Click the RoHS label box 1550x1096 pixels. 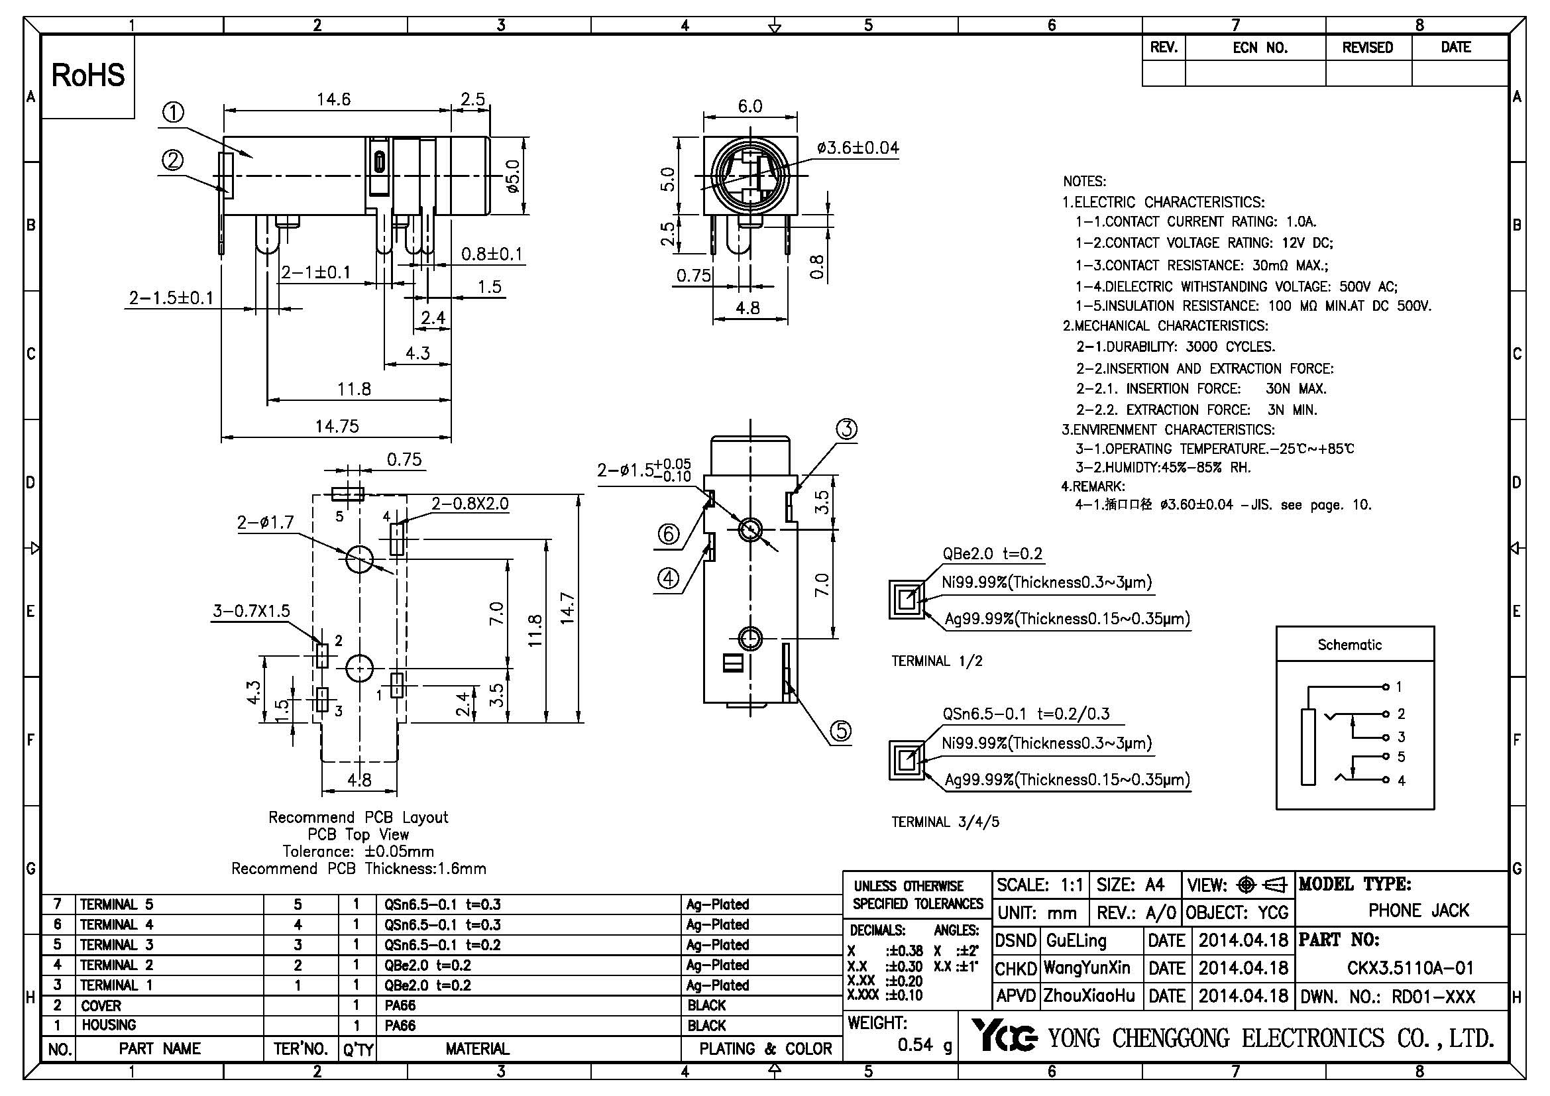click(x=87, y=76)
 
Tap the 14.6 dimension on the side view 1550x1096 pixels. click(x=333, y=100)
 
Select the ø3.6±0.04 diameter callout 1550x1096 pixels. click(x=858, y=148)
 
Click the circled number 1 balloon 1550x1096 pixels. click(x=174, y=112)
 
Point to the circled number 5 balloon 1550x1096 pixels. click(x=841, y=731)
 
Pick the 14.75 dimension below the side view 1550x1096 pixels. click(x=337, y=427)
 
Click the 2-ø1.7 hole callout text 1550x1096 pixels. click(x=265, y=522)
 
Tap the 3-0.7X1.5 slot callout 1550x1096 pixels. click(x=251, y=611)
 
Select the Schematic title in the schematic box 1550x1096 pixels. click(x=1349, y=645)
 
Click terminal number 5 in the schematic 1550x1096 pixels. click(x=1401, y=757)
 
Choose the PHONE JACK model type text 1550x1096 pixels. click(x=1418, y=911)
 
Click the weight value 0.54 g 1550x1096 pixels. click(x=925, y=1046)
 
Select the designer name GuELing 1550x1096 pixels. click(x=1076, y=941)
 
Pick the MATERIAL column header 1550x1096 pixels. click(x=476, y=1049)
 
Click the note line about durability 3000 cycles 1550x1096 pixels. click(x=1175, y=347)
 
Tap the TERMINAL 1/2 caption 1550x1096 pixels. click(x=936, y=661)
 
